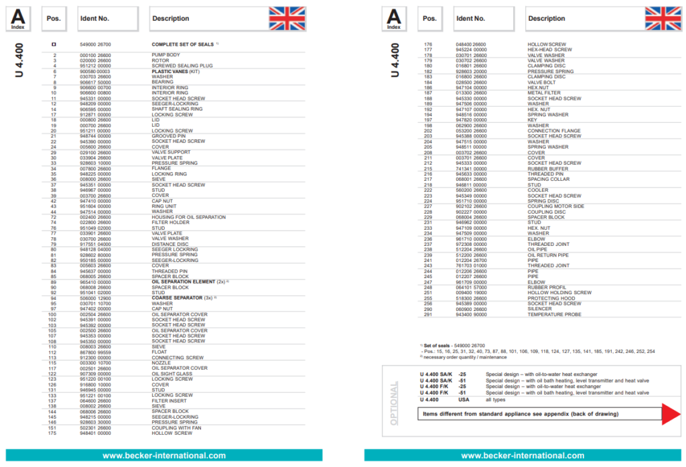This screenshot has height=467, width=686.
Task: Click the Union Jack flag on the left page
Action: pos(287,19)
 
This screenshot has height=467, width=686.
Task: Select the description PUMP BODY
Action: pos(166,55)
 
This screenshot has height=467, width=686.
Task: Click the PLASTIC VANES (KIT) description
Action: pos(176,71)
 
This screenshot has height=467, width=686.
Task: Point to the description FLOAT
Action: pos(159,352)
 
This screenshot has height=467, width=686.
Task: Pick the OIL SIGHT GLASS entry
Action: pos(173,373)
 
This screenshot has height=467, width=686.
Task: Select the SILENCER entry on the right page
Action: pos(540,309)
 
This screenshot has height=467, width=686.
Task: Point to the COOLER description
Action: pos(538,190)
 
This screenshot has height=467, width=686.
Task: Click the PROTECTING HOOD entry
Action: pos(551,298)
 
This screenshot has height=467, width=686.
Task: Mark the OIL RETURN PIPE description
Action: pos(549,255)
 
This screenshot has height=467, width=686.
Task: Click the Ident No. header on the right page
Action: pos(470,19)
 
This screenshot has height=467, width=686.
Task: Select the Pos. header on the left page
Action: pos(54,19)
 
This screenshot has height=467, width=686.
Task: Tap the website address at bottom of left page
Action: pos(163,456)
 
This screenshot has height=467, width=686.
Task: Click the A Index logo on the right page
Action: pos(394,19)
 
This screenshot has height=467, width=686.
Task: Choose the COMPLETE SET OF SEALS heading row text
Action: pos(182,44)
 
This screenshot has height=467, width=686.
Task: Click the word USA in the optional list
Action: pos(464,399)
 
